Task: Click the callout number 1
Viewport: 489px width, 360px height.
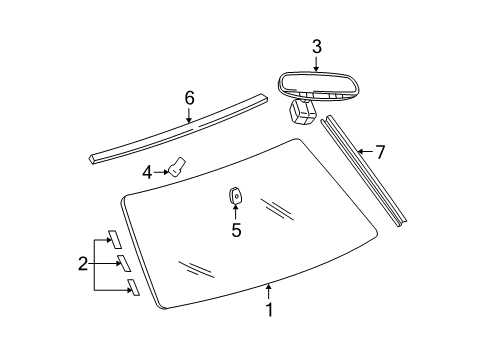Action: pos(269,310)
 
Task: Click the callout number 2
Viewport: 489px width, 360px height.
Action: pos(84,264)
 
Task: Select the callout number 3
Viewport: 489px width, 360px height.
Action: pos(316,47)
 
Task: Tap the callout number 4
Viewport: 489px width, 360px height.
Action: pos(147,172)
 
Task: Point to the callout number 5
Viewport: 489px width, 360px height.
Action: pos(236,231)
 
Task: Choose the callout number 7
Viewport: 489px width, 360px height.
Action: pos(378,152)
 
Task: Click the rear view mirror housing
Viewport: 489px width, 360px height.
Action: pos(315,83)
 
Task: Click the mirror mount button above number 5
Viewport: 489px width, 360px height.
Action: pos(237,195)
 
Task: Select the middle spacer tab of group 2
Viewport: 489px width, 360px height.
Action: pos(123,263)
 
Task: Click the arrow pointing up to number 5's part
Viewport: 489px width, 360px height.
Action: pos(236,212)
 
